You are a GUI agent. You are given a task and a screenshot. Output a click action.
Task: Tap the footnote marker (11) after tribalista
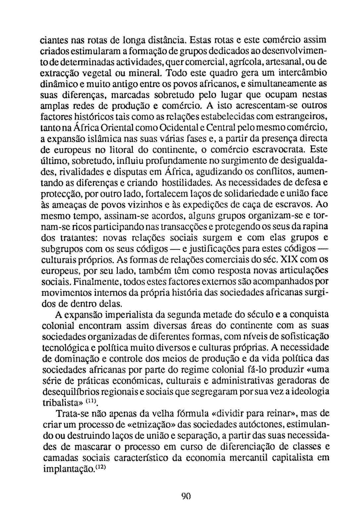click(92, 401)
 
